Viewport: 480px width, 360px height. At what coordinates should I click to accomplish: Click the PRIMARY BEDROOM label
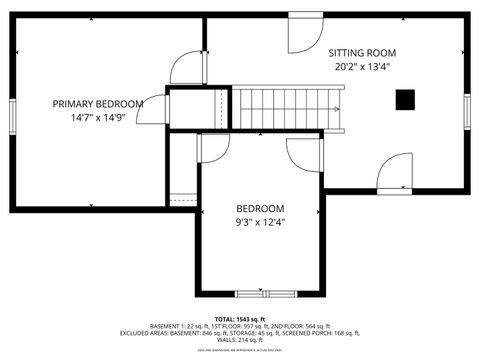click(98, 103)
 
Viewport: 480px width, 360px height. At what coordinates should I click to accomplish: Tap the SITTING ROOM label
click(363, 53)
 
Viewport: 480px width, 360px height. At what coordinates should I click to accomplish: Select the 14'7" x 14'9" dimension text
click(98, 118)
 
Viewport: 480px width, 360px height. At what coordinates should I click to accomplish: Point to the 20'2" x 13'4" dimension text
click(363, 68)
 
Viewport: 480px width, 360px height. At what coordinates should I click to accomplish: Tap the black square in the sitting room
click(405, 98)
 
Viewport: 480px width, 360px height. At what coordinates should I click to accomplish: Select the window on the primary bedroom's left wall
click(12, 113)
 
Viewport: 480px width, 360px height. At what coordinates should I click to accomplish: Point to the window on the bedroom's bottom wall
click(260, 294)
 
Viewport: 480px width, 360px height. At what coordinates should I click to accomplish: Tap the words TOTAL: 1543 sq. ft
click(239, 318)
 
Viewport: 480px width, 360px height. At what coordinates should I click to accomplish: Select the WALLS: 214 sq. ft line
click(239, 341)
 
